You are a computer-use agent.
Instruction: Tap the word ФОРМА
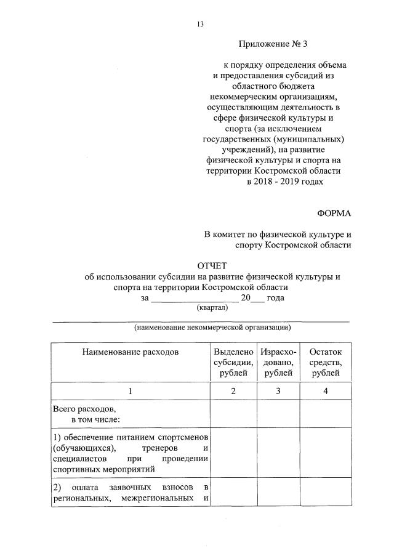334,213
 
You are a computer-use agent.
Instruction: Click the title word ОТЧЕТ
212,266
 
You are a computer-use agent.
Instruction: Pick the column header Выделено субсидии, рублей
233,362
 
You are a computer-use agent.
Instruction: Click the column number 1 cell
130,391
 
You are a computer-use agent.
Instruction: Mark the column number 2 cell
233,391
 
